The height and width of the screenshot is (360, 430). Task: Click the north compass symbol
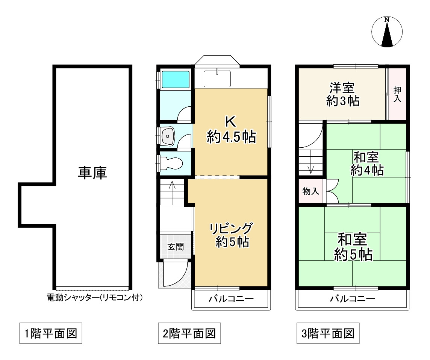point(387,32)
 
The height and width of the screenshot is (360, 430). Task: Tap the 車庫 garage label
point(92,173)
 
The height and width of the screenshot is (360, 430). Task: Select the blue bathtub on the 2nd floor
point(176,80)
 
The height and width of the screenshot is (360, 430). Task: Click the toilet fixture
point(171,163)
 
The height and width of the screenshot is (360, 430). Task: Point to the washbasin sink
point(168,136)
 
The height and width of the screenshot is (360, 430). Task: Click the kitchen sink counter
point(217,79)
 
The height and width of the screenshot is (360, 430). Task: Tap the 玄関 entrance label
point(176,247)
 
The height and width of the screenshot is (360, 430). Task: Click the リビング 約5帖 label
point(231,235)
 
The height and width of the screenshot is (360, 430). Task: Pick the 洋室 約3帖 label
point(342,94)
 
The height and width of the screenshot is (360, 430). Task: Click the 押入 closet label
point(397,94)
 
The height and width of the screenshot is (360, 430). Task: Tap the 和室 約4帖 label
point(367,163)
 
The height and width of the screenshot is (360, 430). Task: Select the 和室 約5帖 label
point(353,247)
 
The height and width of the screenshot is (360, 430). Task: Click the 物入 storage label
point(311,191)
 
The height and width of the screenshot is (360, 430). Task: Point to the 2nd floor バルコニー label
point(231,298)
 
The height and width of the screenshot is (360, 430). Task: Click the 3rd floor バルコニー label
point(352,298)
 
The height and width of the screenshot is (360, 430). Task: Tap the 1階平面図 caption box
point(51,333)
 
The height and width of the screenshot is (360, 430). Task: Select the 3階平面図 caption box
point(328,333)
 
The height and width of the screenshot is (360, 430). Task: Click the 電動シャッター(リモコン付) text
point(95,297)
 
